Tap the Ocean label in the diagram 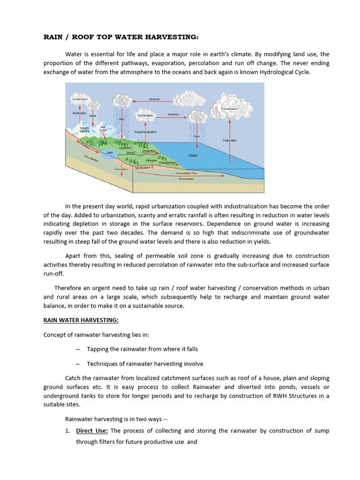pos(193,155)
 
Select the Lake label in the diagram pos(110,152)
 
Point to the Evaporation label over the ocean pos(230,140)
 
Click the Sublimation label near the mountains pos(79,113)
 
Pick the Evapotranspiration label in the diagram pos(145,132)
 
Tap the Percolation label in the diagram pos(121,169)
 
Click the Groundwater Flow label pos(186,173)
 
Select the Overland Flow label pos(166,163)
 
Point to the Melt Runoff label pos(103,129)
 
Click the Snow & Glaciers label pos(84,129)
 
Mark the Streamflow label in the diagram pos(149,151)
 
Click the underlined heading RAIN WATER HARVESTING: pos(81,320)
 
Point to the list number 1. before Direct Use pos(67,430)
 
